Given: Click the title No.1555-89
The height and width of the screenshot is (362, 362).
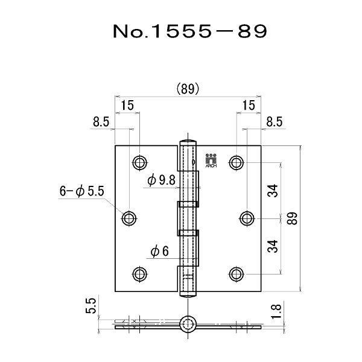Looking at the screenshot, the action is [190, 31].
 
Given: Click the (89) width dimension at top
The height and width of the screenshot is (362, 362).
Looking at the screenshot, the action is [188, 89].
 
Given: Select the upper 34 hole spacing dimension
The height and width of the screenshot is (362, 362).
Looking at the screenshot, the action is [273, 191].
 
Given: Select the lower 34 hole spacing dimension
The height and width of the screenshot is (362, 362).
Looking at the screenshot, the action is [273, 246].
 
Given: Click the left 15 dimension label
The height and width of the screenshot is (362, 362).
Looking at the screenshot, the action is [127, 105].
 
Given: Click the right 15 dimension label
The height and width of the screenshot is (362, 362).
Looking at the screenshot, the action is [249, 105].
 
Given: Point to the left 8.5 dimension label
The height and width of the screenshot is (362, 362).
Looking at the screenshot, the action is [101, 122].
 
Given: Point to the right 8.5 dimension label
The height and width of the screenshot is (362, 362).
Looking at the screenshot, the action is [275, 122].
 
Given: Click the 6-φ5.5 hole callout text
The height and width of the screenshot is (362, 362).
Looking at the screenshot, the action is [81, 191].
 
